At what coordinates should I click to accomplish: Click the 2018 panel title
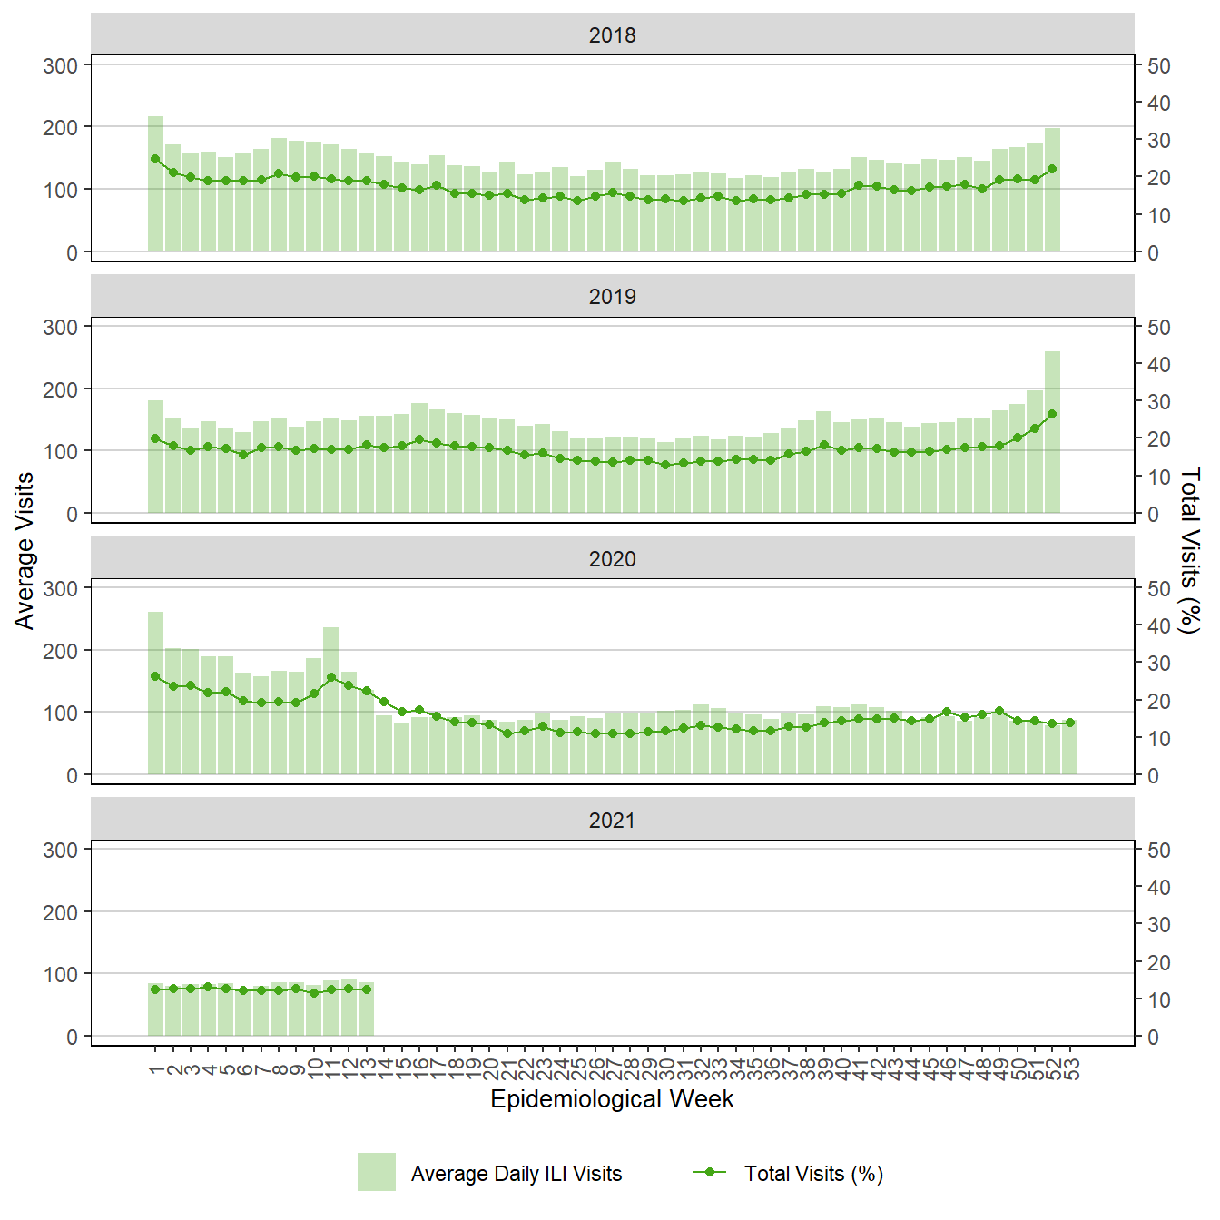(612, 35)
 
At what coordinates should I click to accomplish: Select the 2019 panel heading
(612, 297)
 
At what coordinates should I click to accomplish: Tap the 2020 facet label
(612, 559)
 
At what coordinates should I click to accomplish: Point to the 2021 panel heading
(612, 821)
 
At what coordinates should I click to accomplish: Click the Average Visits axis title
(25, 550)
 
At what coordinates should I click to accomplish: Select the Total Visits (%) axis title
(1189, 550)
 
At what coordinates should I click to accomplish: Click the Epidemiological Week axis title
(612, 1099)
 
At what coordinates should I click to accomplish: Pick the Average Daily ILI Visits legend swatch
(376, 1172)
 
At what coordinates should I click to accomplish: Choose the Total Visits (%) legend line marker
(710, 1172)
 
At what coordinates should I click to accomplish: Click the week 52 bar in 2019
(1052, 432)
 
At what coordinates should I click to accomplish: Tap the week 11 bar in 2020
(331, 701)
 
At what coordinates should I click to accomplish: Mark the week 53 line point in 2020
(1070, 723)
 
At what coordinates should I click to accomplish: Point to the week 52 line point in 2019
(1052, 414)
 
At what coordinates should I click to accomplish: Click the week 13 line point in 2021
(367, 989)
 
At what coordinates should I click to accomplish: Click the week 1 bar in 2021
(155, 1009)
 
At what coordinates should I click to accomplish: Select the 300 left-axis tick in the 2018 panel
(61, 65)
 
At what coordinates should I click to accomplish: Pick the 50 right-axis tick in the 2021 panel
(1159, 851)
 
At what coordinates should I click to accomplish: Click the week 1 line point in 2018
(155, 159)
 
